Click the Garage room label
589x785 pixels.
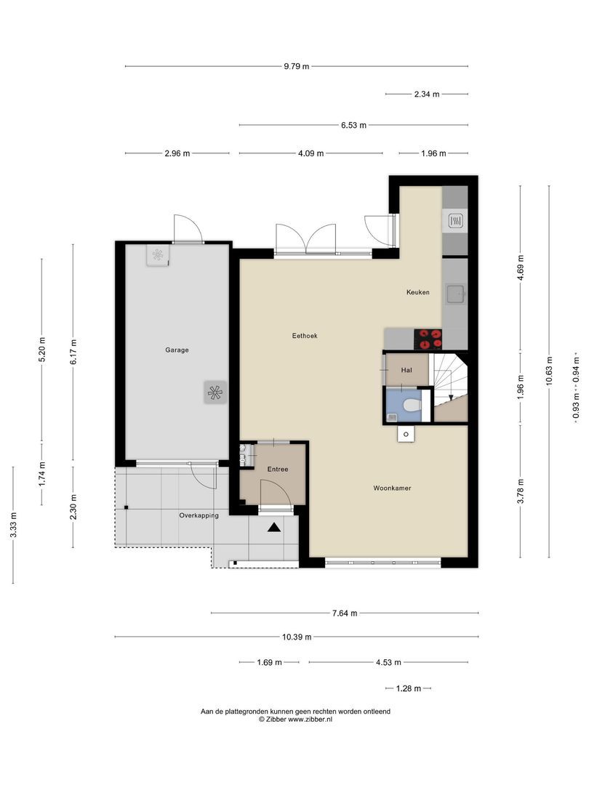point(177,350)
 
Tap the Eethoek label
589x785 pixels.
point(305,336)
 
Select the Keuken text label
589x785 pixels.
point(417,292)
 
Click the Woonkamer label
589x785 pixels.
point(393,488)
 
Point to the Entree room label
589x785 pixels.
point(277,470)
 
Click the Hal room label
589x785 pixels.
point(406,370)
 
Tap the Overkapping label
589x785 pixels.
point(199,515)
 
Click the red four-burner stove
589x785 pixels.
point(428,339)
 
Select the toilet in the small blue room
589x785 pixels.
point(411,406)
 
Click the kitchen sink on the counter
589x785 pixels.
point(456,294)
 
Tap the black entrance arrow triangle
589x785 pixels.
point(274,528)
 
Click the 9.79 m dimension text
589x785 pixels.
point(296,66)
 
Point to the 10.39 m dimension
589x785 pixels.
point(297,637)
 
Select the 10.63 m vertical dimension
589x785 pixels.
point(550,371)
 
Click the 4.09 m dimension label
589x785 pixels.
point(310,153)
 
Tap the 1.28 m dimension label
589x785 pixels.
point(408,688)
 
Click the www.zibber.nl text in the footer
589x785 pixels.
point(310,719)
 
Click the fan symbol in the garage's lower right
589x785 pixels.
point(214,392)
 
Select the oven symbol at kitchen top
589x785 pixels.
point(456,220)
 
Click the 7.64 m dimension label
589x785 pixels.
point(345,613)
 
